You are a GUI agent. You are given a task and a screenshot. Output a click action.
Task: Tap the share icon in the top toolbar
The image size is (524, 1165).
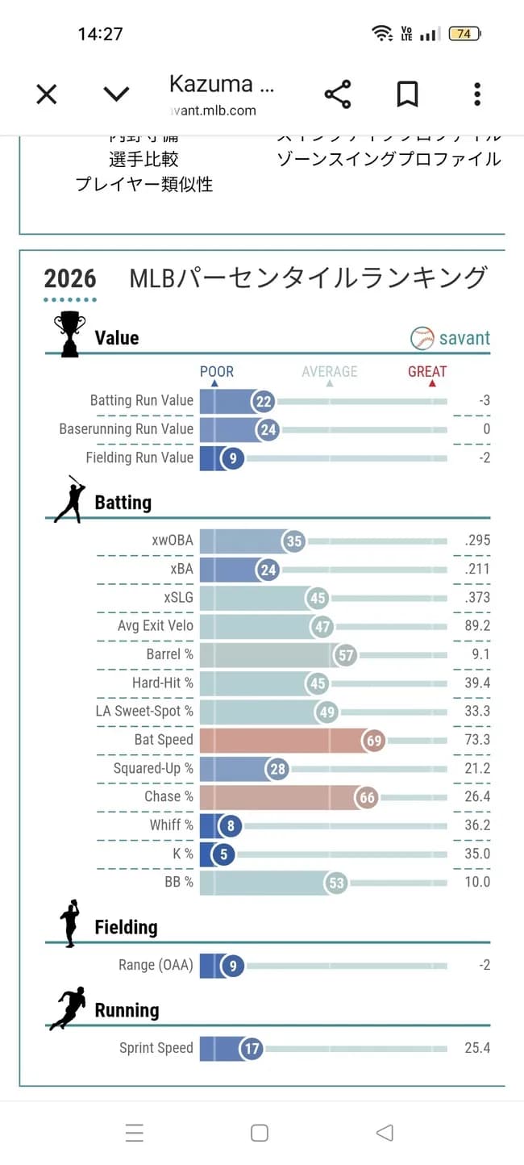click(338, 94)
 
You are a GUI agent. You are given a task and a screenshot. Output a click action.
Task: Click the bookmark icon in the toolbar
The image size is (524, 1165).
click(408, 94)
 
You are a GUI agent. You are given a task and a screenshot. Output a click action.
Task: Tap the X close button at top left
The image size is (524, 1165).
click(47, 94)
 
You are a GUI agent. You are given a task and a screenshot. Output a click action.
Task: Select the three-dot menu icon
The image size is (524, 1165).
click(477, 94)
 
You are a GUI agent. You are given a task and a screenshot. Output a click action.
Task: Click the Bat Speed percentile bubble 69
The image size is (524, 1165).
click(374, 740)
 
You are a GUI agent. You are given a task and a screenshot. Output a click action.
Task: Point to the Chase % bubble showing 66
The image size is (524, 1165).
click(367, 797)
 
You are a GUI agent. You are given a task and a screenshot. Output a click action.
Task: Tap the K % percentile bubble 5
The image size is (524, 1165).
click(222, 854)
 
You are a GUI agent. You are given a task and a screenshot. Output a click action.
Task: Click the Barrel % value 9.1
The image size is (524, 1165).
click(480, 654)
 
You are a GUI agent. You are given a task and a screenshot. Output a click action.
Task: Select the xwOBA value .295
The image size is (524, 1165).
click(477, 541)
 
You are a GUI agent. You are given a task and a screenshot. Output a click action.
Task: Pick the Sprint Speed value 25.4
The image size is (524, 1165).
click(477, 1048)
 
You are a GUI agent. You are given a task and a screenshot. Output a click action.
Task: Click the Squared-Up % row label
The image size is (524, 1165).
click(153, 768)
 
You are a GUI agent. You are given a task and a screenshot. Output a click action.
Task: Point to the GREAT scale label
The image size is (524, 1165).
click(427, 372)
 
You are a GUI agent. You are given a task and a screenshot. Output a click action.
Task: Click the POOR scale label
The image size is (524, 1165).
click(217, 372)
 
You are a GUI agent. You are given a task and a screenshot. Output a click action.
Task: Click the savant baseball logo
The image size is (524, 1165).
click(422, 338)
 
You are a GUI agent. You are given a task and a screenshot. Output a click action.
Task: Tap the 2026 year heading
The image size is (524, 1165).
click(70, 279)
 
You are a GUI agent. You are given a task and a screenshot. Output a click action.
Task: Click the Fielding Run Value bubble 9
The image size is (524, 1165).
click(232, 458)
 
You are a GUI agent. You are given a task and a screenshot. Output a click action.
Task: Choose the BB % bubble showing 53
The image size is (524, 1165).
click(336, 883)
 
